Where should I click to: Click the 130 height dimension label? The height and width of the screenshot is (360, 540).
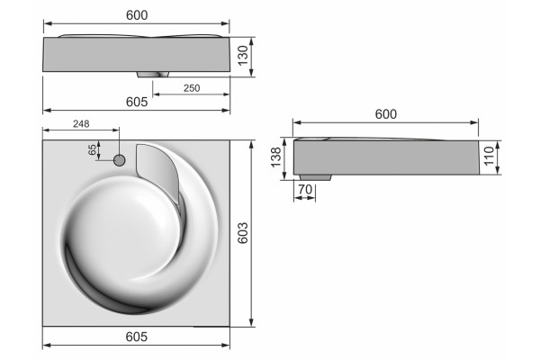click(x=243, y=56)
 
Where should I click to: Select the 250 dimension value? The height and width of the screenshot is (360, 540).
click(x=192, y=88)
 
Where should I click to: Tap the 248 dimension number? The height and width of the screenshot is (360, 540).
click(x=81, y=123)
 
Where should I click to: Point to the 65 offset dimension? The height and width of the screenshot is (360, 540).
click(x=93, y=149)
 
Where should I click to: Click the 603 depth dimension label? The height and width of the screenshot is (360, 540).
click(x=242, y=233)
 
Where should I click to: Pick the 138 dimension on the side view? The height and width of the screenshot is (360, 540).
click(x=276, y=157)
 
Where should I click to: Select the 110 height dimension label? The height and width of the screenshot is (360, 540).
click(x=489, y=156)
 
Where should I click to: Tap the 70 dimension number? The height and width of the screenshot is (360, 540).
click(x=305, y=189)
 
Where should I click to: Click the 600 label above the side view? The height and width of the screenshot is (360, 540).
click(x=386, y=114)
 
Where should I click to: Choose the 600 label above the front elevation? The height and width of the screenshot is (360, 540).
click(x=137, y=15)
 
